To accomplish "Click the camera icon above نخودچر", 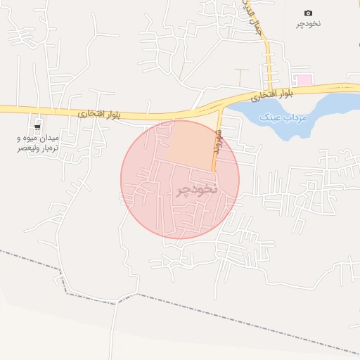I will point(308,13).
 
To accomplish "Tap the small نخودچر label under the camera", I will point(308,24).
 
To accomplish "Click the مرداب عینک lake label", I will point(284,117).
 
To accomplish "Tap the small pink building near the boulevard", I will point(302,80).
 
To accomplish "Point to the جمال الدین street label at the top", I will point(259,20).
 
